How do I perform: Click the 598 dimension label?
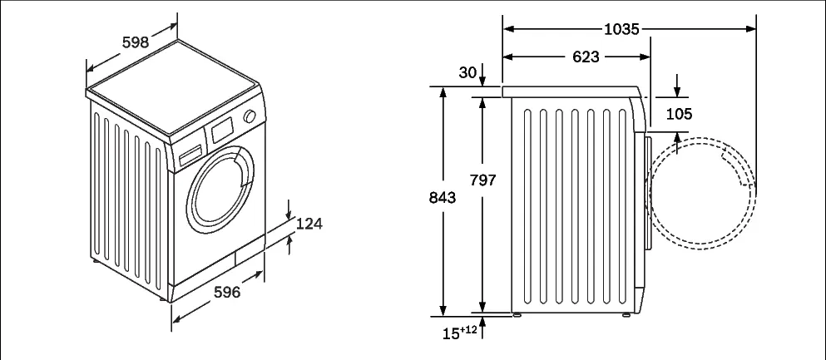click(136, 42)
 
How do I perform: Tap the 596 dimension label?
click(227, 292)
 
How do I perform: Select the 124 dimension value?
click(309, 224)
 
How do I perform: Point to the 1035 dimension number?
click(621, 29)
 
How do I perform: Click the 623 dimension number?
click(586, 57)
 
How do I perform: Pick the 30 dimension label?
click(467, 72)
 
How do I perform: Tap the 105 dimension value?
click(679, 114)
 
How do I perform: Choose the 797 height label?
click(483, 180)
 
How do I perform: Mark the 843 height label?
click(443, 198)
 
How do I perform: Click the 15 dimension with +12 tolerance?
click(459, 333)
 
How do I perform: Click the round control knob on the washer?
click(250, 116)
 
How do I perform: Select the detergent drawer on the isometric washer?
click(190, 154)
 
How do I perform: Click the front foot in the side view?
click(626, 315)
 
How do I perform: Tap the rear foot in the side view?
click(517, 315)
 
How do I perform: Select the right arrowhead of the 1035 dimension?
click(751, 29)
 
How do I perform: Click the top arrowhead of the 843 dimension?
click(443, 92)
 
